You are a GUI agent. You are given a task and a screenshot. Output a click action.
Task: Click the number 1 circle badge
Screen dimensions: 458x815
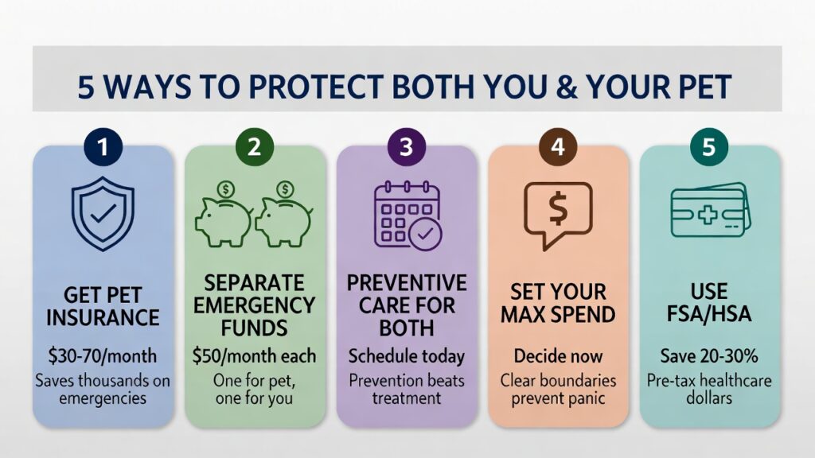tap(103, 149)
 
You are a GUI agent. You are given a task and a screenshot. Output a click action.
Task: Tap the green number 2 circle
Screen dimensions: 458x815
tap(255, 149)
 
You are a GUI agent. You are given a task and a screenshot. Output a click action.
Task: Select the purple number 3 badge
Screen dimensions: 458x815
tap(407, 149)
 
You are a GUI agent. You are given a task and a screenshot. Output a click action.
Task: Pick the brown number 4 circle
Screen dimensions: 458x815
tap(558, 149)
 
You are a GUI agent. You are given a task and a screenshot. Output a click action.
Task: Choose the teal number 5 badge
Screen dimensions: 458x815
tap(710, 149)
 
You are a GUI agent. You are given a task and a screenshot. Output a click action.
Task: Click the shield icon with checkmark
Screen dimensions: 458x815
tap(103, 214)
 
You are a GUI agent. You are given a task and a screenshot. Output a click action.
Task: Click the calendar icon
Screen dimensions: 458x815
tap(404, 213)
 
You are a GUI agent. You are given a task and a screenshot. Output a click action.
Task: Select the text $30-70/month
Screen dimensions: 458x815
tap(103, 355)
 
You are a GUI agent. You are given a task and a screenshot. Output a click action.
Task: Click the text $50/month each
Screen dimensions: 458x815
tap(255, 355)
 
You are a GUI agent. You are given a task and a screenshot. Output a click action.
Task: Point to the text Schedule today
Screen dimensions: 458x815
tap(407, 355)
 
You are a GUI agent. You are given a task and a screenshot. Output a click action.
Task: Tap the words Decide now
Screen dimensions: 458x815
tap(558, 355)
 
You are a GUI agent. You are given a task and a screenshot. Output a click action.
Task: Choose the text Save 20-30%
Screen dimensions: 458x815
tap(710, 355)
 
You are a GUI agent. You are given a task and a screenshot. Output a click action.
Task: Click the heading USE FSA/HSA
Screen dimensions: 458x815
tap(710, 303)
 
